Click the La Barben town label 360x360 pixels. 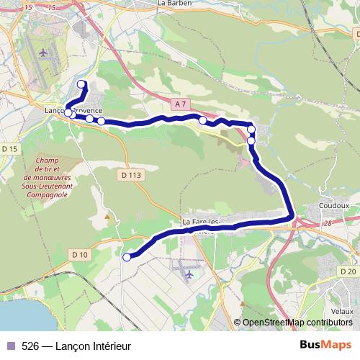[172, 3]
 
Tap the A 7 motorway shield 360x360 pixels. [180, 104]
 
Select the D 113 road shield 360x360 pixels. [131, 174]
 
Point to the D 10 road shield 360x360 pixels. [79, 254]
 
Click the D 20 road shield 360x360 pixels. [348, 271]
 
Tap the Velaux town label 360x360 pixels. [343, 311]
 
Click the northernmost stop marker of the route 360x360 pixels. [81, 84]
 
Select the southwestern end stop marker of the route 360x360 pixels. [127, 257]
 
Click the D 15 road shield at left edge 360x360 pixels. [9, 148]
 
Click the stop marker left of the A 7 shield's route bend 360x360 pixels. [203, 121]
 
